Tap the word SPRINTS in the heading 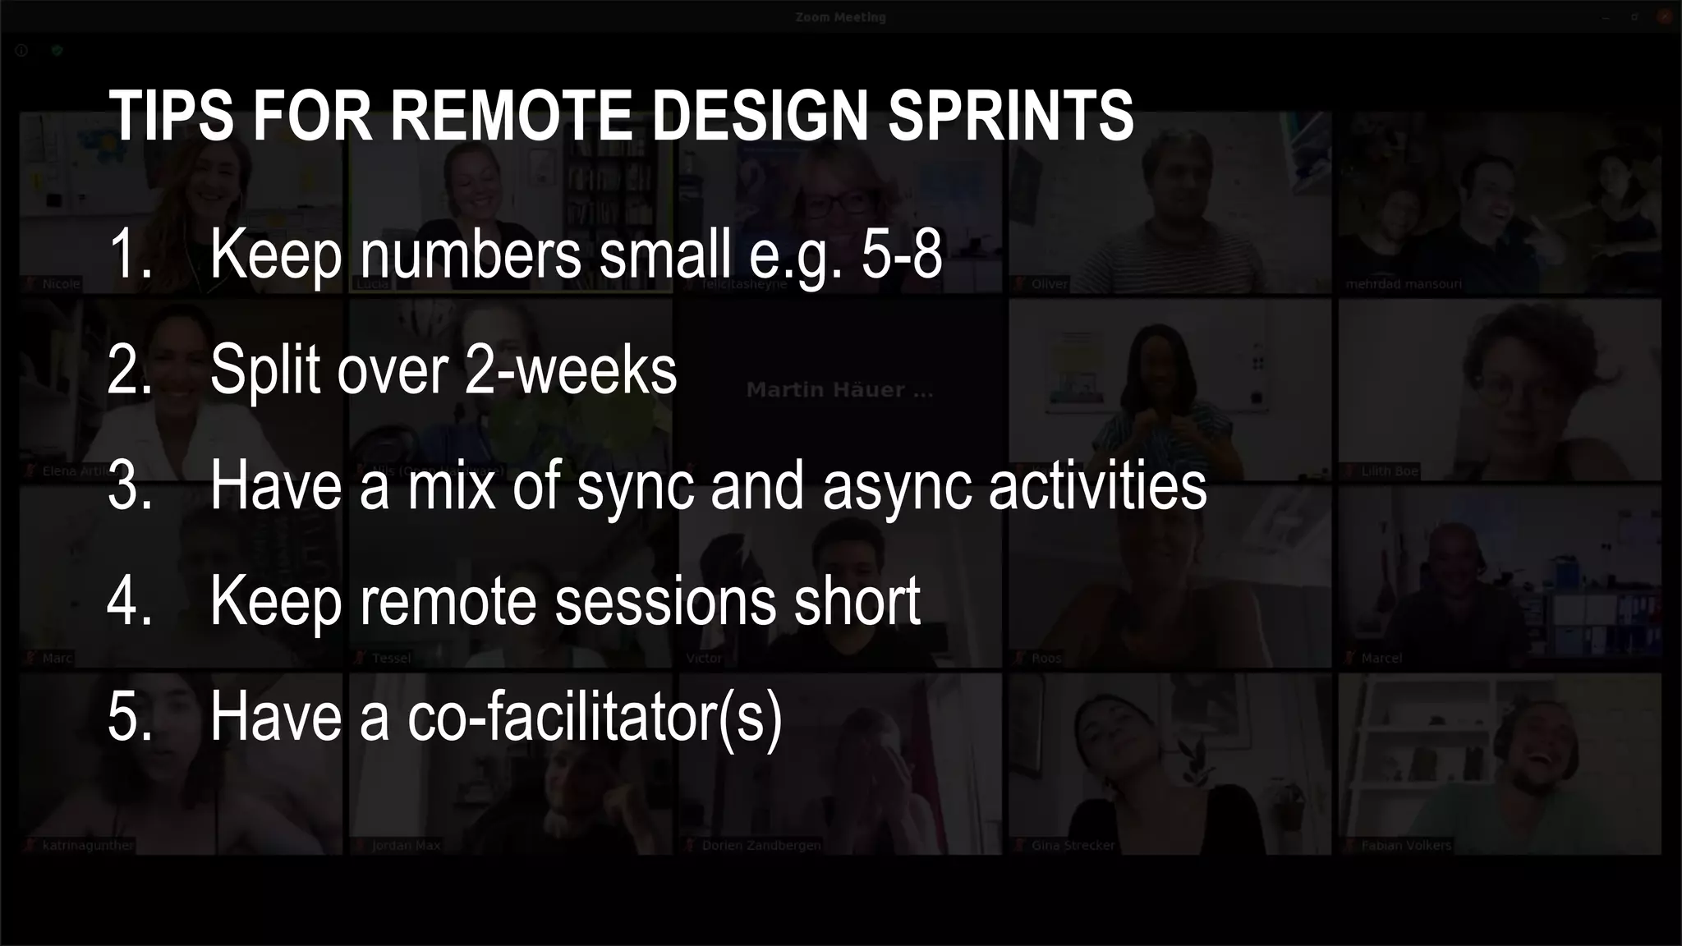click(1010, 116)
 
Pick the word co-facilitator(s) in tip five click(595, 717)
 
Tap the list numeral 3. click(130, 485)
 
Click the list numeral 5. click(130, 717)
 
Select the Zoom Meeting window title click(840, 17)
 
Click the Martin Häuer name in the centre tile click(839, 390)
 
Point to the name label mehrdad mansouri click(1404, 284)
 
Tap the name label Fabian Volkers click(1406, 845)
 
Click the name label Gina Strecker click(1073, 845)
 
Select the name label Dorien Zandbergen click(761, 845)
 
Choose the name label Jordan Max click(406, 845)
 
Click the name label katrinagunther click(87, 845)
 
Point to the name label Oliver click(1050, 284)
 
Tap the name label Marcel click(1381, 658)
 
